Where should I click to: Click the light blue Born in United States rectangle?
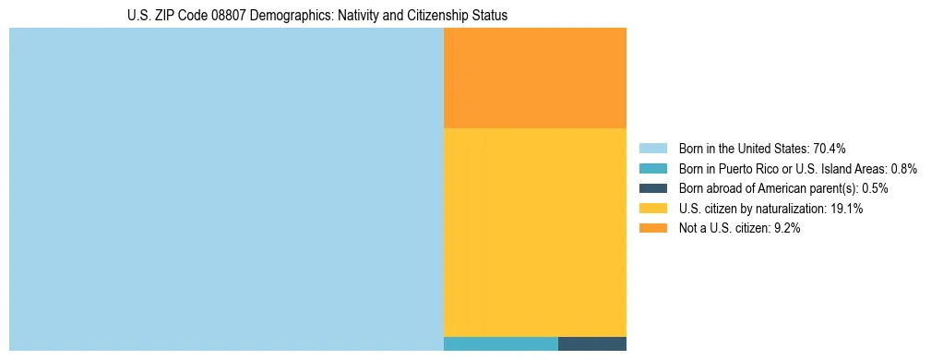[x=226, y=189]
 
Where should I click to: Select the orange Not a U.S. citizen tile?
[x=535, y=78]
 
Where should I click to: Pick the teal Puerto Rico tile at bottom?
[x=501, y=343]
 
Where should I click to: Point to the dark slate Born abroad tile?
[x=592, y=343]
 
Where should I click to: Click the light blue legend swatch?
[x=652, y=149]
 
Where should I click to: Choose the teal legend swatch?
[x=652, y=169]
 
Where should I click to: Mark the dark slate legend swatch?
[x=652, y=188]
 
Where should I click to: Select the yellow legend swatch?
[x=652, y=209]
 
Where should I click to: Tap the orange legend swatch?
[x=652, y=228]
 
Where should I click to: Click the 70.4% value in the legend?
[x=830, y=149]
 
